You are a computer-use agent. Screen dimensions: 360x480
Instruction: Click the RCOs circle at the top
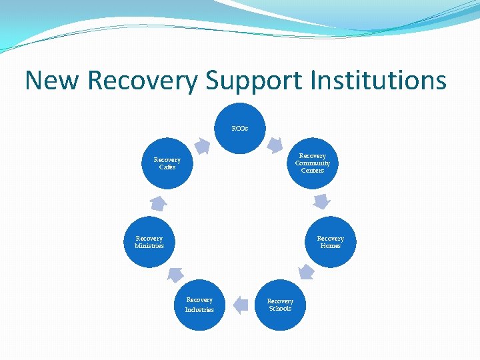click(x=240, y=128)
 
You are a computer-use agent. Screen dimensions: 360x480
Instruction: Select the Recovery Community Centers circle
click(x=313, y=163)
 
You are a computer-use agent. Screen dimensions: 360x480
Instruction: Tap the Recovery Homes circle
click(x=330, y=242)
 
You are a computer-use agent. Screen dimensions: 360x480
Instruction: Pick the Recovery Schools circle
click(x=280, y=305)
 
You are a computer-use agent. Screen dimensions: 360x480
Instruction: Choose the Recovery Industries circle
click(x=199, y=305)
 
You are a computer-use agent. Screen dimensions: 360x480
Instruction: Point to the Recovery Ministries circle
click(x=149, y=242)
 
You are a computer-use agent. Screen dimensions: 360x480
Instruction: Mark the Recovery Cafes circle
click(x=167, y=163)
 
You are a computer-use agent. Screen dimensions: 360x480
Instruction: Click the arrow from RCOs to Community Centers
click(x=275, y=145)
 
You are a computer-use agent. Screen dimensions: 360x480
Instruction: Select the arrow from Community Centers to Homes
click(x=323, y=200)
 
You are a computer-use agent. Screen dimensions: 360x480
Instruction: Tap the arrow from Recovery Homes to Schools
click(x=306, y=271)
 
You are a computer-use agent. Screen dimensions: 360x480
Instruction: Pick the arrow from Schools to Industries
click(x=239, y=305)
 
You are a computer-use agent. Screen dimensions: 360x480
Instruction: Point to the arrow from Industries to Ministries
click(x=175, y=274)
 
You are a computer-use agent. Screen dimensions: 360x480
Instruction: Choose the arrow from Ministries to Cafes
click(x=157, y=203)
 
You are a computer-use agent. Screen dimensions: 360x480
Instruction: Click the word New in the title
click(x=52, y=81)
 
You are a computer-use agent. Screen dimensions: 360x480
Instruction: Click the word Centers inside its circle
click(x=313, y=171)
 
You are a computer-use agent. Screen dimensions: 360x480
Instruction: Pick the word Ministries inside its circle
click(x=149, y=246)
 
